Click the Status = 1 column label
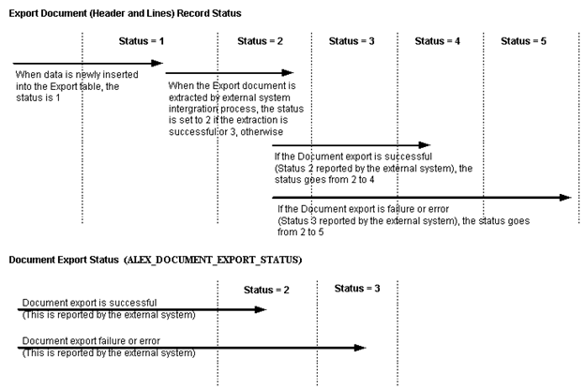tap(142, 41)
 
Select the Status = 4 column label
tap(438, 41)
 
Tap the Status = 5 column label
tap(523, 41)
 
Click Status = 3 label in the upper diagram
tap(352, 41)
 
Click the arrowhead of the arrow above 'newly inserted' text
tap(158, 64)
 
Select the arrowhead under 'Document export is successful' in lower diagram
tap(262, 308)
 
